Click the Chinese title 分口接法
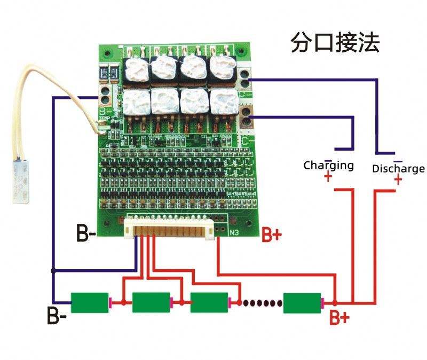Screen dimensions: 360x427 [335, 43]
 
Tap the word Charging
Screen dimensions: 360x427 [329, 165]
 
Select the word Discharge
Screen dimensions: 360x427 [398, 169]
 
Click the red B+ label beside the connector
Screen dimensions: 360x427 [271, 236]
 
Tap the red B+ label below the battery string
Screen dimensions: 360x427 [339, 318]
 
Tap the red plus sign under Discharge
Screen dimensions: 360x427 [398, 181]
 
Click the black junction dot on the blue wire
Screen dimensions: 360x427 [53, 271]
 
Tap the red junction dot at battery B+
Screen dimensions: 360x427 [335, 302]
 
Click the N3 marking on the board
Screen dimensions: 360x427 [233, 233]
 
